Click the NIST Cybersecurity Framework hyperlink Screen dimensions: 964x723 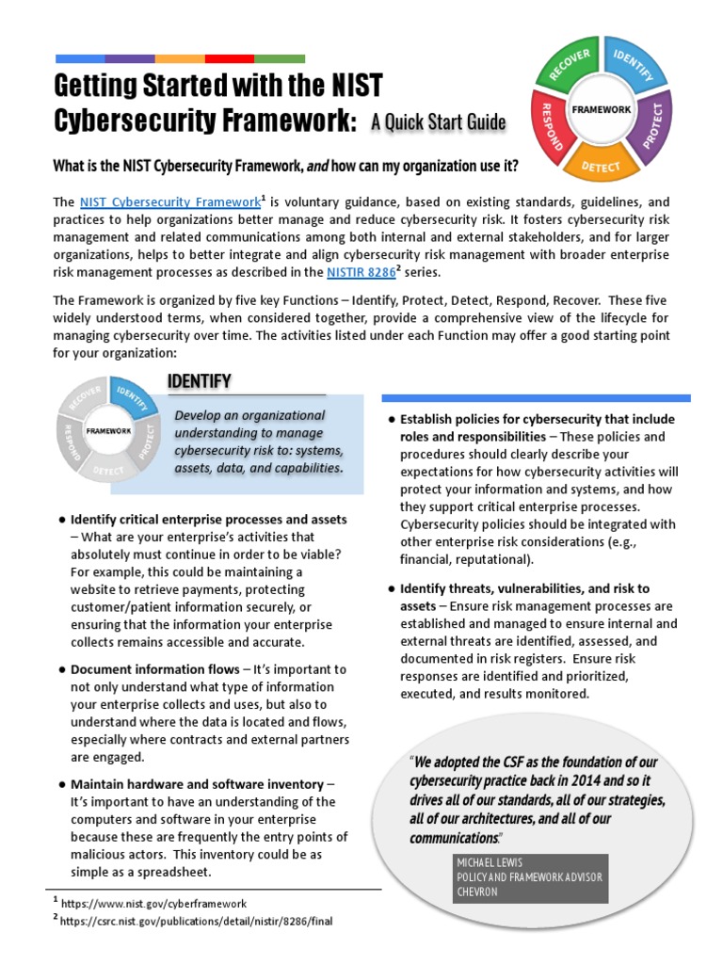click(x=169, y=201)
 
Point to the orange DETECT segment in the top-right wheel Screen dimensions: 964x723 click(x=601, y=162)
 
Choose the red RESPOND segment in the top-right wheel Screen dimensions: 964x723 click(x=546, y=126)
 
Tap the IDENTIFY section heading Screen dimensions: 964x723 click(x=199, y=380)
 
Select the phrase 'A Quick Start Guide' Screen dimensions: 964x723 click(x=438, y=122)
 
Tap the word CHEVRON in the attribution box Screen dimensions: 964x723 click(x=477, y=891)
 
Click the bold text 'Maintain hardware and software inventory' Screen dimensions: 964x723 click(x=197, y=783)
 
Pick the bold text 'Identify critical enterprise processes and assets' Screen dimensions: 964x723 click(x=209, y=520)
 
